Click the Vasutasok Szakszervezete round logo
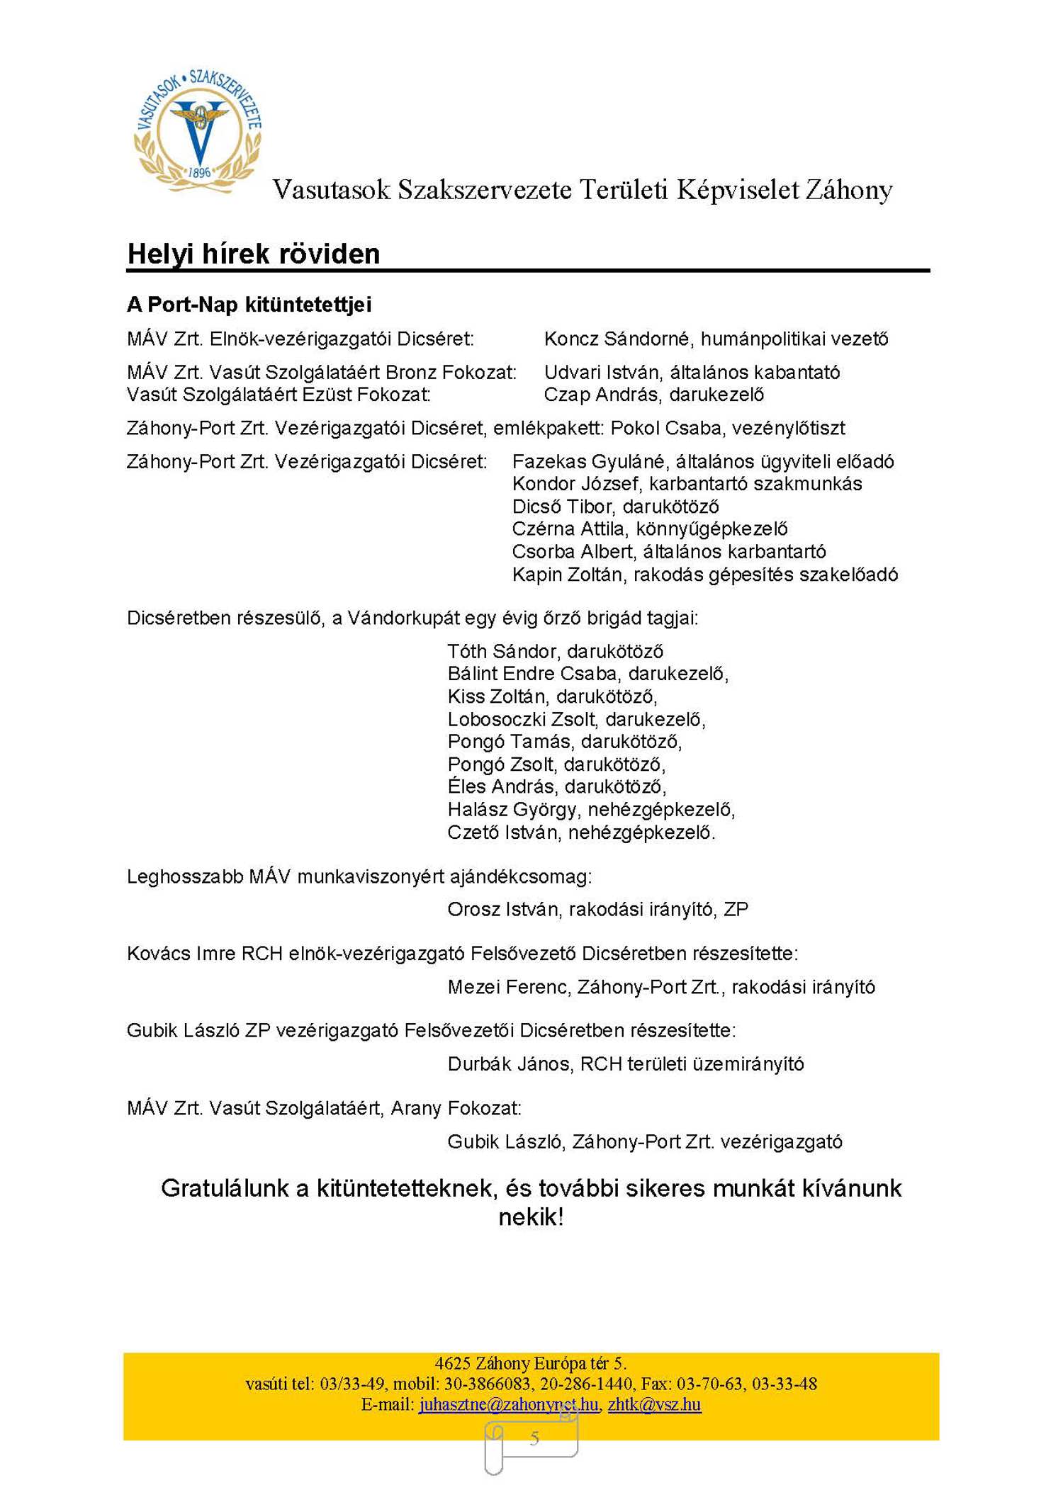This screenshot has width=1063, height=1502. click(x=198, y=131)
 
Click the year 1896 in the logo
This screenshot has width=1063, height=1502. click(x=200, y=172)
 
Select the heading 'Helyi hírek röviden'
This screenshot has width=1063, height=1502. click(x=253, y=254)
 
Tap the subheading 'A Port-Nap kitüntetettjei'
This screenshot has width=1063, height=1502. click(x=249, y=305)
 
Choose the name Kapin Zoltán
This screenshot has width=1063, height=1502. click(x=567, y=575)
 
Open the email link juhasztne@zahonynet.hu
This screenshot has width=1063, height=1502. click(x=509, y=1404)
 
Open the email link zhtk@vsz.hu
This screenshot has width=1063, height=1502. click(x=654, y=1404)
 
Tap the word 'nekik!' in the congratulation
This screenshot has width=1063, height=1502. click(x=531, y=1217)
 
